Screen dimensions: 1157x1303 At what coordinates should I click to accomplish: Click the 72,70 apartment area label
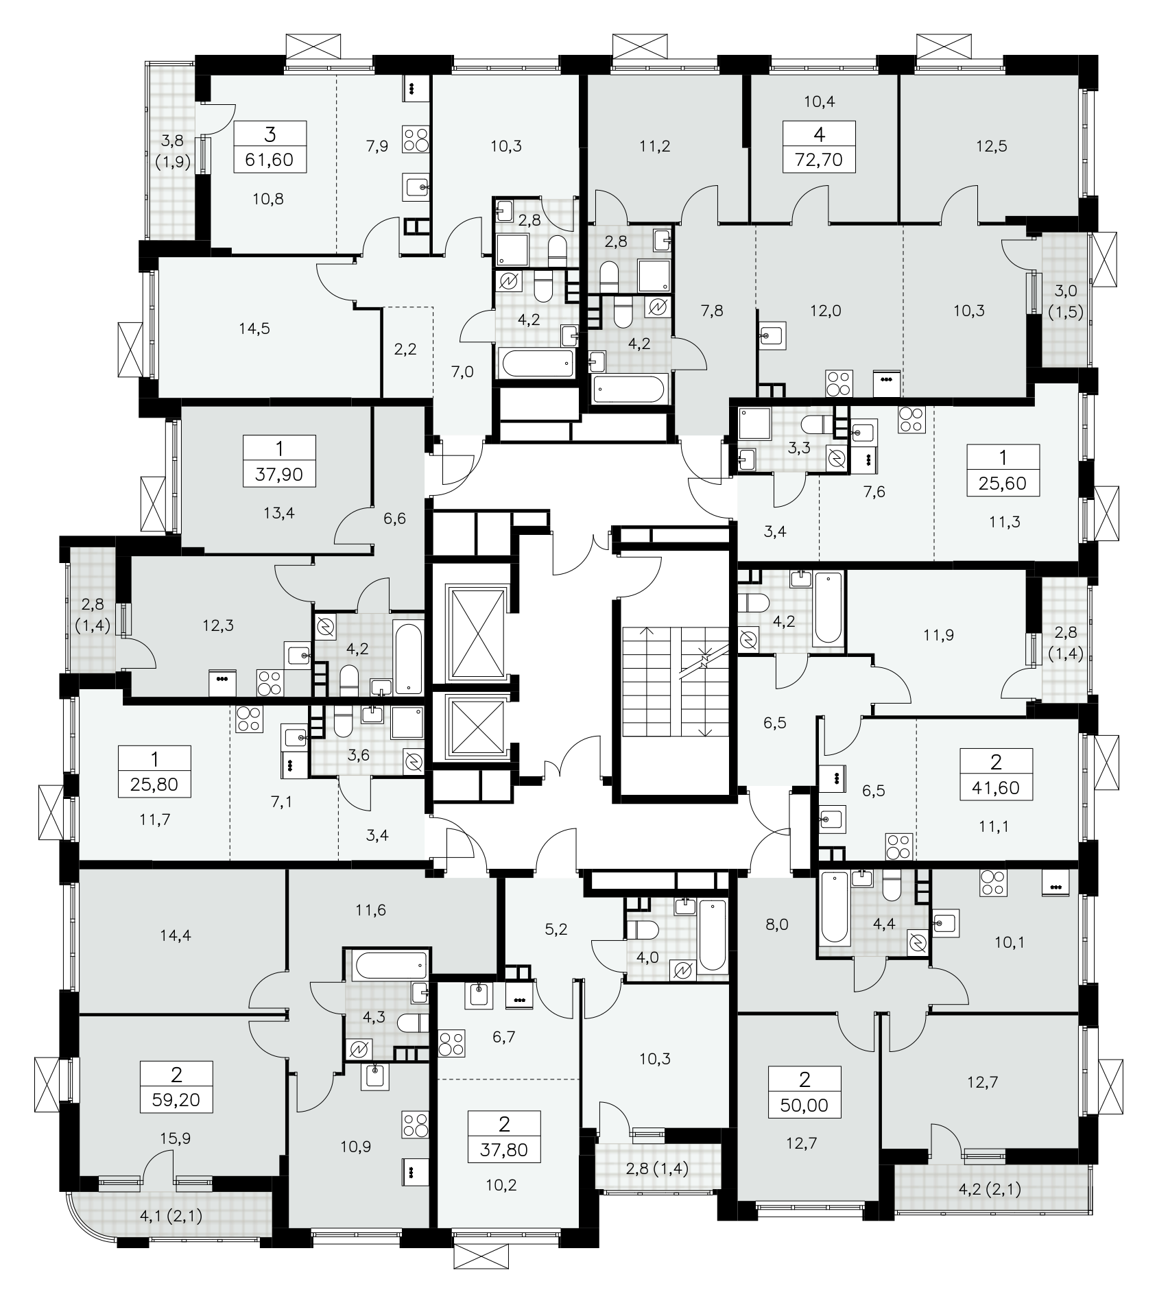[820, 160]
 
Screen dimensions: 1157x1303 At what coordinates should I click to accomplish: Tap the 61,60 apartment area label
[270, 160]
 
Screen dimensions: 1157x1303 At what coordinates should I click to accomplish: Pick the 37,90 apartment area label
[280, 474]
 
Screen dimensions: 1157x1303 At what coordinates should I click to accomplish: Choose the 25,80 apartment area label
[154, 784]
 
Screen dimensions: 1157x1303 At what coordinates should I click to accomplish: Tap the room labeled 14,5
[254, 329]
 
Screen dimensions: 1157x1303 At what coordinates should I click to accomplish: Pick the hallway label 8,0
[776, 925]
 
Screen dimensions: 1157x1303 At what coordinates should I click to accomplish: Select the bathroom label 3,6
[359, 756]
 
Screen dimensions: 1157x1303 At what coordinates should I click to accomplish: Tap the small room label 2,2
[406, 350]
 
